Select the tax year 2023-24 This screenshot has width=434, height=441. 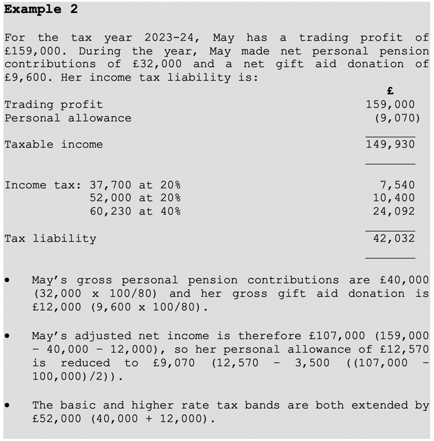point(172,38)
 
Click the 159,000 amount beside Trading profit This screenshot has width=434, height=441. point(390,104)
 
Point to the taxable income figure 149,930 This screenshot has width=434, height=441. point(390,145)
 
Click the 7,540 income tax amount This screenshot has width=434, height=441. point(397,184)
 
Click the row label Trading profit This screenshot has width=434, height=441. point(53,104)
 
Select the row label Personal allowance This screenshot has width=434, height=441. point(68,118)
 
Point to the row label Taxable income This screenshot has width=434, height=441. point(53,145)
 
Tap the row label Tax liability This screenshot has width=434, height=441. point(50,239)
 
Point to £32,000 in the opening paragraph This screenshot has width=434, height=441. point(157,64)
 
